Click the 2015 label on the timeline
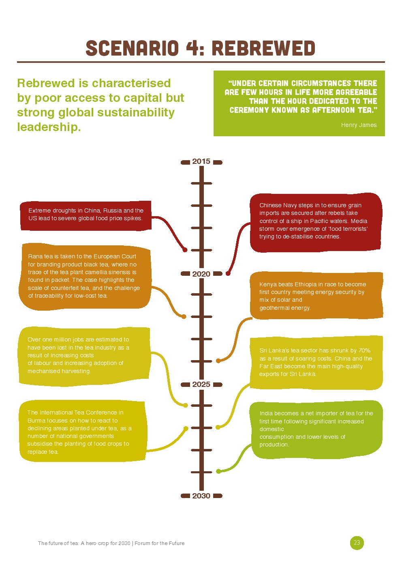coord(201,161)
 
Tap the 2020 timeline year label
coord(201,274)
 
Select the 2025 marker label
coord(201,384)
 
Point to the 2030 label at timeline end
coord(201,496)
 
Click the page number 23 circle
coord(357,543)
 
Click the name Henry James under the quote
coord(359,125)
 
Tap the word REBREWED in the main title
coord(263,48)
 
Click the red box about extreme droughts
coord(86,216)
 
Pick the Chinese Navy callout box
coord(316,223)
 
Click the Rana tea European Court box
coord(85,277)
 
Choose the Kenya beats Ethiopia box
coord(316,296)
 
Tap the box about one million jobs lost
coord(84,356)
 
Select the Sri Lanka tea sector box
coord(316,363)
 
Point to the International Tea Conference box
coord(83,432)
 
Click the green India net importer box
coord(316,430)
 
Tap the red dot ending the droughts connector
coord(185,250)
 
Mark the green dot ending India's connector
coord(218,471)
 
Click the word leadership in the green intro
coord(49,127)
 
